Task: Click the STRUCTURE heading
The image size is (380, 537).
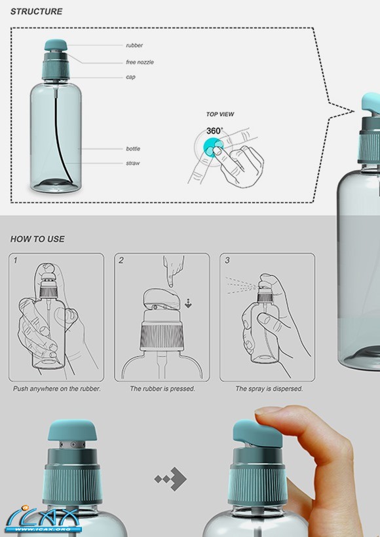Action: pyautogui.click(x=36, y=12)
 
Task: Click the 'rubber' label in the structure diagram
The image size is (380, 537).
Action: pyautogui.click(x=134, y=45)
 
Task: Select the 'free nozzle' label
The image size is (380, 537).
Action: pyautogui.click(x=140, y=62)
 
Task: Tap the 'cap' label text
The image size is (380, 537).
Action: pyautogui.click(x=130, y=77)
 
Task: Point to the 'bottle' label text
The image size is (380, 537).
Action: pyautogui.click(x=133, y=148)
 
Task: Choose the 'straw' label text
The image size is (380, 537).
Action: pyautogui.click(x=133, y=163)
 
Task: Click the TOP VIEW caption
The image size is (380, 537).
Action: pyautogui.click(x=220, y=114)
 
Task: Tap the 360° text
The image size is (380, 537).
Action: pyautogui.click(x=214, y=131)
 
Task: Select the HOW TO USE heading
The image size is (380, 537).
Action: pyautogui.click(x=37, y=239)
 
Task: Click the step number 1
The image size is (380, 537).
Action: pyautogui.click(x=15, y=260)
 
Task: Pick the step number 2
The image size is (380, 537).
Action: pyautogui.click(x=121, y=260)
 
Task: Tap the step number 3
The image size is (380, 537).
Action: pyautogui.click(x=227, y=260)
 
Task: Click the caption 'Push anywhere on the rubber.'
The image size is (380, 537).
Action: pyautogui.click(x=57, y=389)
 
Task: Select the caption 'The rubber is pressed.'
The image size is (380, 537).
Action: pyautogui.click(x=162, y=389)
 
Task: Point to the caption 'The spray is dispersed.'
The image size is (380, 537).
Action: pyautogui.click(x=269, y=389)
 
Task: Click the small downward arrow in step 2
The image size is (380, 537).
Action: pyautogui.click(x=188, y=303)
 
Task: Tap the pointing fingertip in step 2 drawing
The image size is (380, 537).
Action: pyautogui.click(x=170, y=284)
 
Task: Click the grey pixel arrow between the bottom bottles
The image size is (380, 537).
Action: pyautogui.click(x=170, y=479)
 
